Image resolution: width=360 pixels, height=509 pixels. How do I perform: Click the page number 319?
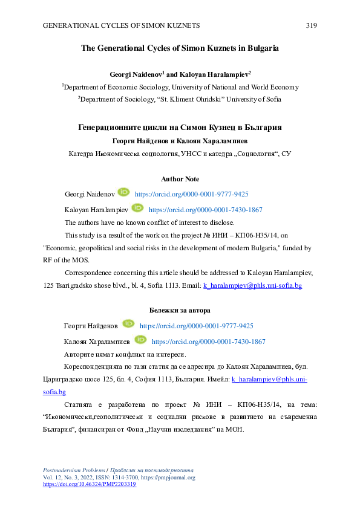click(312, 25)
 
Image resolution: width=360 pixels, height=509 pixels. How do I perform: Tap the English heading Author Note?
click(180, 179)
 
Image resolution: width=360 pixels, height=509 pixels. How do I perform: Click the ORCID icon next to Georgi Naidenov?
click(123, 193)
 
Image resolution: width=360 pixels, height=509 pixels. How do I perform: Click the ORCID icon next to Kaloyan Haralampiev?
click(137, 208)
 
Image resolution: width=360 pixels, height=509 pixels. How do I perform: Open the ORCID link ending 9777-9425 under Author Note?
click(191, 194)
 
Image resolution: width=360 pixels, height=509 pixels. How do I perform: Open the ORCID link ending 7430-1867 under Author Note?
click(205, 210)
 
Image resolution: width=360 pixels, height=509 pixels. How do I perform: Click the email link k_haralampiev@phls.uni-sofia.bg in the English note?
click(252, 285)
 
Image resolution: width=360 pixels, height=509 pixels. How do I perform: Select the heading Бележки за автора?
click(180, 310)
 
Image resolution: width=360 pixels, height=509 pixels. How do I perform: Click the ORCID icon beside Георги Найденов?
click(128, 324)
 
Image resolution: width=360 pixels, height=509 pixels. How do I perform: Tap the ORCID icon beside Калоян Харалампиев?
click(140, 340)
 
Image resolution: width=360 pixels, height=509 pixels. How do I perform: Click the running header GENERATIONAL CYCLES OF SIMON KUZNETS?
click(121, 25)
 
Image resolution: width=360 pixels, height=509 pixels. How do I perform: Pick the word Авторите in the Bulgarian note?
click(81, 354)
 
